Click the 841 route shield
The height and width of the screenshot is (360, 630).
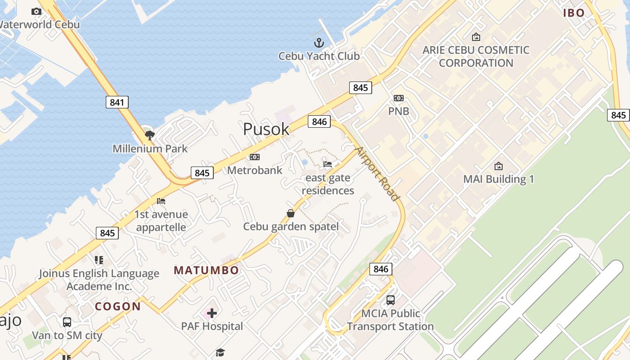(x=117, y=102)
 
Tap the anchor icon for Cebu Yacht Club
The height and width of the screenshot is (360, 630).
(x=319, y=43)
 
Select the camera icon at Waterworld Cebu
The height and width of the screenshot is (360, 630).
(x=36, y=11)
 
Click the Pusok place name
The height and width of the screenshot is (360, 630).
(x=266, y=129)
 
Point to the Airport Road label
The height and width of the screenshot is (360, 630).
(x=377, y=174)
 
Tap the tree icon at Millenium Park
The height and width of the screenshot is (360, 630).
(x=150, y=135)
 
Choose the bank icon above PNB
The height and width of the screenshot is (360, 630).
(x=399, y=98)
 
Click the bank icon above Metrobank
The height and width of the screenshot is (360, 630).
(x=255, y=157)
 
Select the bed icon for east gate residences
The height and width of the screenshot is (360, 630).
(x=328, y=164)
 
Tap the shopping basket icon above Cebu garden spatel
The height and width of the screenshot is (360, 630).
(x=291, y=213)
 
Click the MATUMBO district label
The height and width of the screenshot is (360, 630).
(x=207, y=270)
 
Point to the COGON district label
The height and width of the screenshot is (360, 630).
(x=118, y=307)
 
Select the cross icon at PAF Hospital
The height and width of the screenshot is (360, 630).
(x=212, y=313)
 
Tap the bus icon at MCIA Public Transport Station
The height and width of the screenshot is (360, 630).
(x=391, y=300)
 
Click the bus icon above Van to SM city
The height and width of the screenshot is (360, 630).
(x=67, y=322)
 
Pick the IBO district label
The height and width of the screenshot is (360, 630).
(x=574, y=13)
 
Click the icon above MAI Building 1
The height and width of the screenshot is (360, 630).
(x=499, y=166)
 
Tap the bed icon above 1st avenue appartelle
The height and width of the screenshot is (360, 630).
(x=161, y=201)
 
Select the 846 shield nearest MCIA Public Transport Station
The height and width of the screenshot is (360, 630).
(x=381, y=269)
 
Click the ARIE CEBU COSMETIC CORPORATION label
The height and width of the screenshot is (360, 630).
(x=476, y=56)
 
